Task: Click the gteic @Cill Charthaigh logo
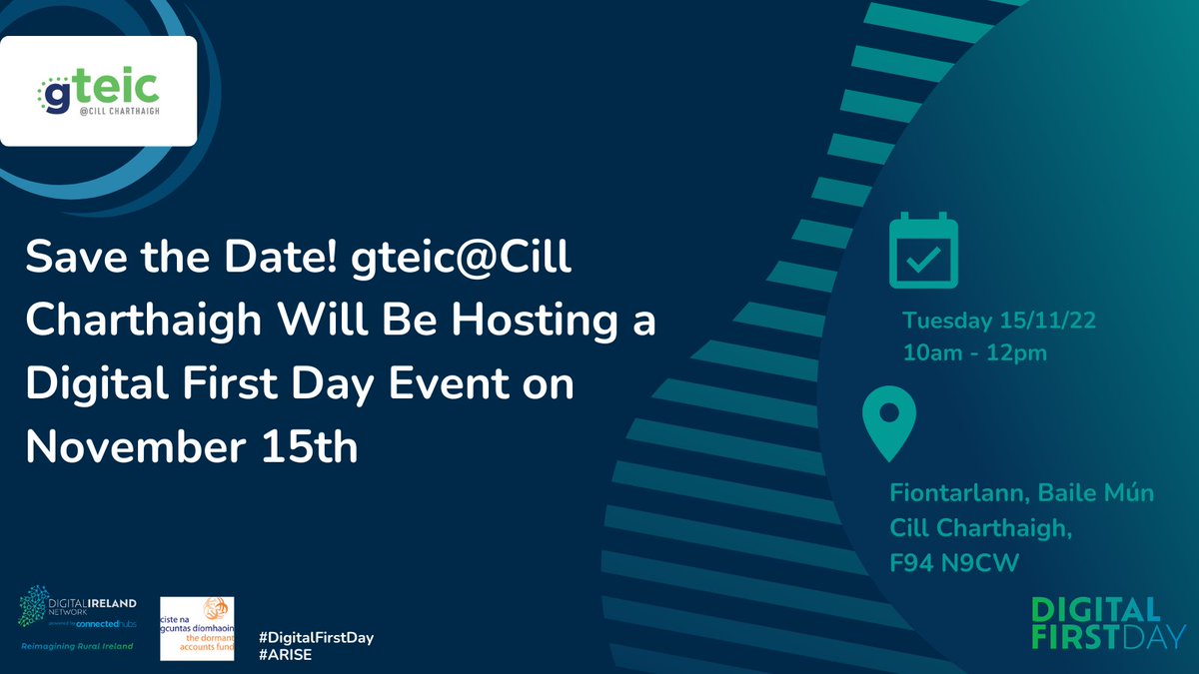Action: click(98, 92)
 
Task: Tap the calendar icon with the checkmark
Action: click(923, 250)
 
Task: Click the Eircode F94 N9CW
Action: click(954, 564)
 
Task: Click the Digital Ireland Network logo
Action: click(78, 611)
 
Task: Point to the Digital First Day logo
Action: click(1108, 623)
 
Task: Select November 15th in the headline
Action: click(192, 446)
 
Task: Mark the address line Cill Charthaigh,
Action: click(980, 529)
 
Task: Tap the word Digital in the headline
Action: click(95, 385)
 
